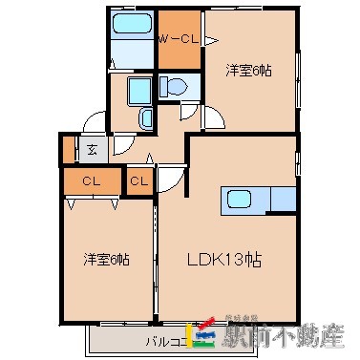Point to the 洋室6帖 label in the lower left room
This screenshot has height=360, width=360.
[x=107, y=259]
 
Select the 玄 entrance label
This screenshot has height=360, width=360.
[x=92, y=148]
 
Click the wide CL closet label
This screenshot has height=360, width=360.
[x=91, y=180]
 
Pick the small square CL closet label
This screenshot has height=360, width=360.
[x=139, y=180]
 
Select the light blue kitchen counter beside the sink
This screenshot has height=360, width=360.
[x=283, y=201]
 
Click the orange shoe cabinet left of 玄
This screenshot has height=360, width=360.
[x=68, y=149]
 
